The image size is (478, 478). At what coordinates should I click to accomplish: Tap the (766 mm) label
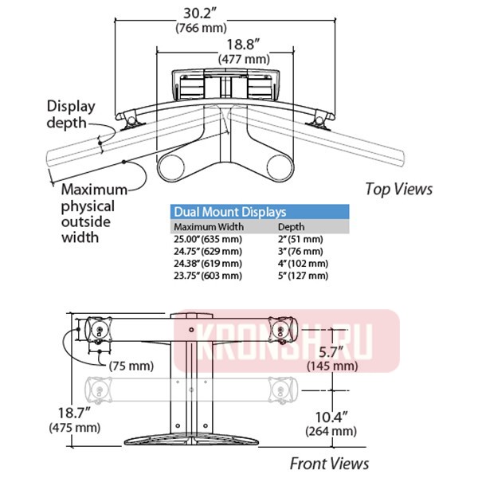tap(200, 29)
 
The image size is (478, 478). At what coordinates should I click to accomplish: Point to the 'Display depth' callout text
tap(71, 114)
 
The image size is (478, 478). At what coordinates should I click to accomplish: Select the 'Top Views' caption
tap(398, 189)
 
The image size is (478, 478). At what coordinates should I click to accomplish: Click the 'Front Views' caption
tap(329, 463)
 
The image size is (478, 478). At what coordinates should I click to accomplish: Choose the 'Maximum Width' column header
tap(205, 227)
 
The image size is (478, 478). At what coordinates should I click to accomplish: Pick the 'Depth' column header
tap(289, 227)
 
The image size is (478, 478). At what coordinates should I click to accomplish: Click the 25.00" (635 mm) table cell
tap(207, 239)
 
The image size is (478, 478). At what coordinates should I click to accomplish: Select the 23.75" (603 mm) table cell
tap(207, 276)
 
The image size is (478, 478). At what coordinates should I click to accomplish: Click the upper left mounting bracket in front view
tap(99, 328)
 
